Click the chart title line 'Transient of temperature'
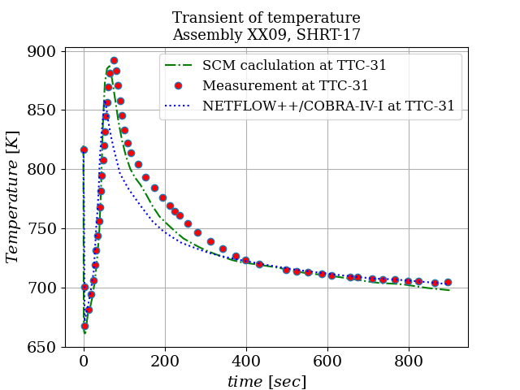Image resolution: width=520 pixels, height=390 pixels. pyautogui.click(x=266, y=18)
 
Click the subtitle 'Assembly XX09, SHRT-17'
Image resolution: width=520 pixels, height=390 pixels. pyautogui.click(x=266, y=35)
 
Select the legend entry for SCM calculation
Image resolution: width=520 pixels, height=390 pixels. pyautogui.click(x=294, y=66)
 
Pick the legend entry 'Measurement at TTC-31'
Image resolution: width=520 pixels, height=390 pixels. pyautogui.click(x=285, y=85)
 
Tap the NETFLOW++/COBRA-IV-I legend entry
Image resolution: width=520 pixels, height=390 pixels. pyautogui.click(x=328, y=106)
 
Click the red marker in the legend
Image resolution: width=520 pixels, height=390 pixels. pyautogui.click(x=178, y=85)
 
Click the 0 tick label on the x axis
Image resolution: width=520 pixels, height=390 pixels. pyautogui.click(x=84, y=362)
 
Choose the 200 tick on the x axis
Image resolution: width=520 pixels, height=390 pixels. pyautogui.click(x=165, y=362)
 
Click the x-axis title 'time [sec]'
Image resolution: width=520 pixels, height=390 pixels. pyautogui.click(x=266, y=382)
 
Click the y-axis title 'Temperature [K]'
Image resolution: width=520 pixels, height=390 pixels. pyautogui.click(x=13, y=199)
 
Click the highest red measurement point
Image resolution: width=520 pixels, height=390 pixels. pyautogui.click(x=114, y=61)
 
